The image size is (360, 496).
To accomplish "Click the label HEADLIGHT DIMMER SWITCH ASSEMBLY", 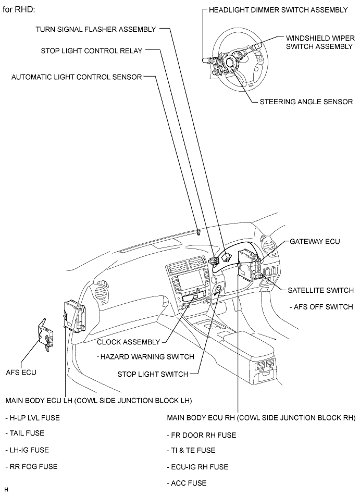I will (x=278, y=10).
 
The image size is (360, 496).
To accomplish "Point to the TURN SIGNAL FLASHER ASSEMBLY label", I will (x=95, y=29).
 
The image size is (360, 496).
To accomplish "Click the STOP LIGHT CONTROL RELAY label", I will (x=92, y=51).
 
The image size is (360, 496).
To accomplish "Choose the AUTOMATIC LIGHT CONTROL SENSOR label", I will (x=77, y=77).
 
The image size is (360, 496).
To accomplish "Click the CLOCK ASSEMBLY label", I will (x=128, y=342).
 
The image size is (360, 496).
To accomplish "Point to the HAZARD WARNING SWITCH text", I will (x=145, y=357).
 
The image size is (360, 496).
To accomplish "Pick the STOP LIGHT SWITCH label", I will (x=152, y=374).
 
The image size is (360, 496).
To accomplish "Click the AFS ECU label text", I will (x=21, y=373).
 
